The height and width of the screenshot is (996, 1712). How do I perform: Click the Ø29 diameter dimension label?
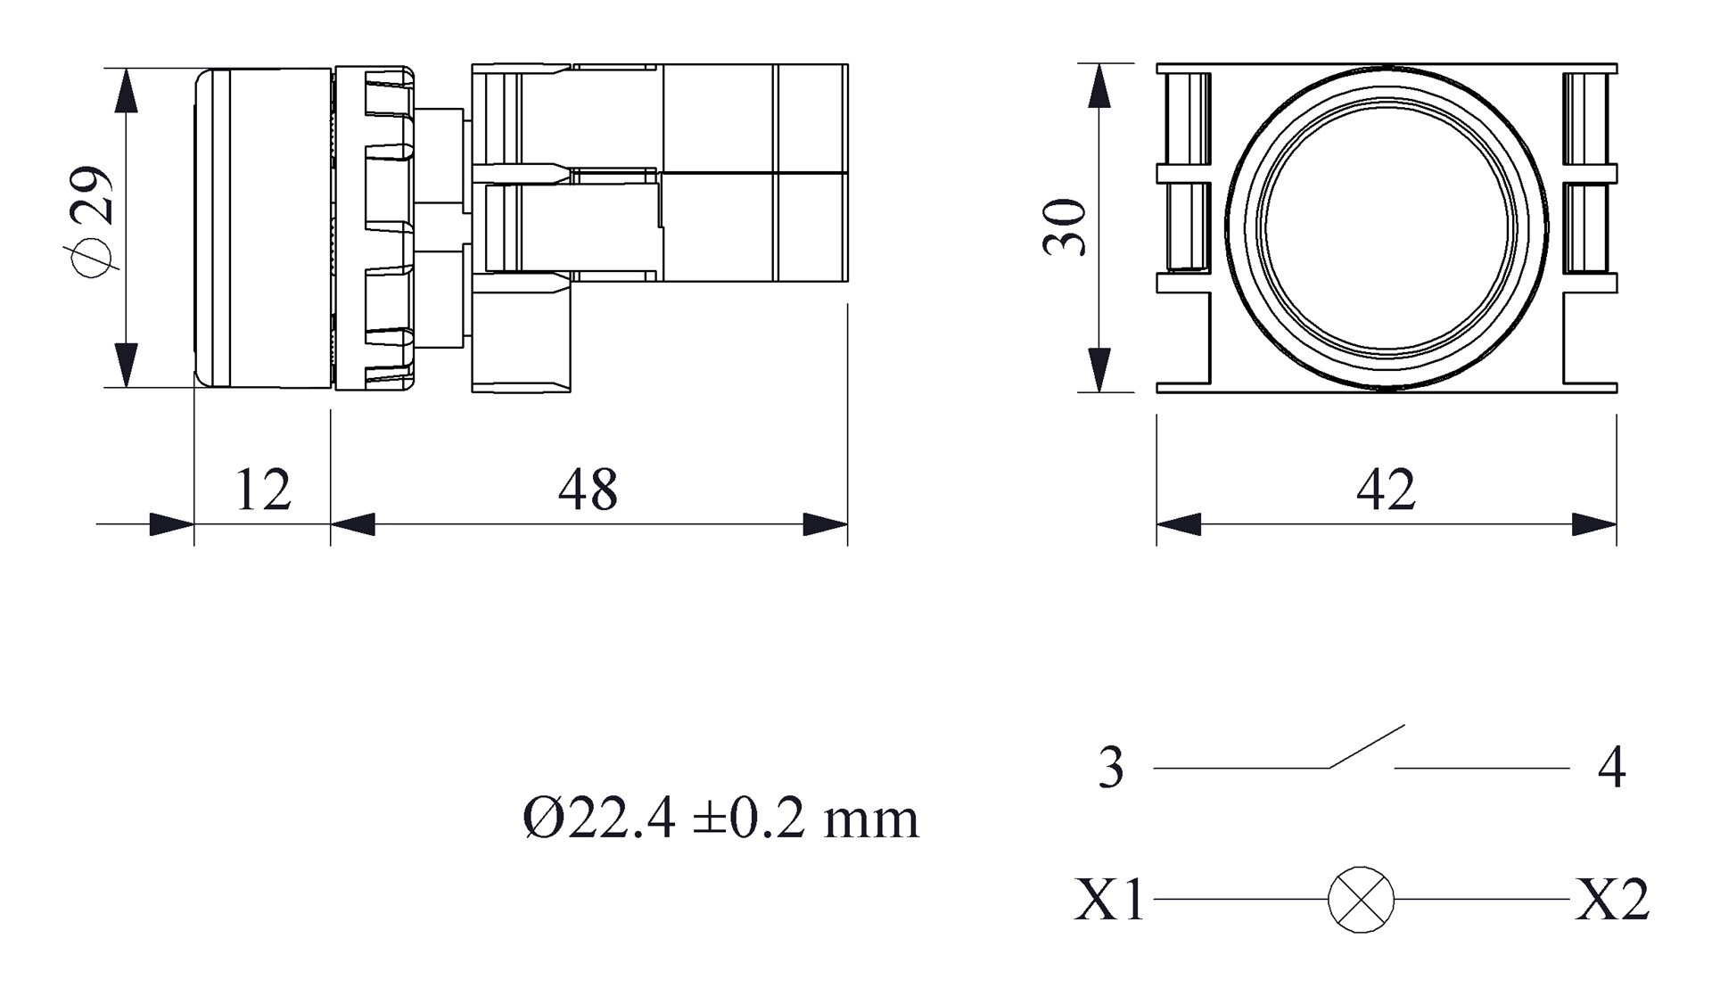(x=93, y=222)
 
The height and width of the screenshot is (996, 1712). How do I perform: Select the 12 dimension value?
(x=263, y=490)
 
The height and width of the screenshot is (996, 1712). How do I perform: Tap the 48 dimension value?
(x=588, y=490)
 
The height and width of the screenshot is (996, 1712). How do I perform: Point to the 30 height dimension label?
(x=1066, y=227)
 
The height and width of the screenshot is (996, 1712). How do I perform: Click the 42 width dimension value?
(x=1386, y=490)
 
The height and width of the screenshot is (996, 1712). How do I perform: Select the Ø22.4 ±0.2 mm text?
(x=720, y=818)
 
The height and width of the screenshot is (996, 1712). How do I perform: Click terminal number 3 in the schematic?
(x=1111, y=768)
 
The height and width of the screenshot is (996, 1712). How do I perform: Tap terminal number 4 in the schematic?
(x=1612, y=768)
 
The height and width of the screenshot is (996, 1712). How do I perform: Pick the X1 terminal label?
(x=1109, y=900)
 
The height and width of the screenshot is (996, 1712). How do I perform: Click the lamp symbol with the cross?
(x=1361, y=900)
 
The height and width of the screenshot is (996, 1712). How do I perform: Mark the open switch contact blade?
(x=1366, y=746)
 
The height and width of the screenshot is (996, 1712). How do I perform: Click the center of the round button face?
(x=1387, y=227)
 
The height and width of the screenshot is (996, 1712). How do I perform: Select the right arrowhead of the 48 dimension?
(x=825, y=524)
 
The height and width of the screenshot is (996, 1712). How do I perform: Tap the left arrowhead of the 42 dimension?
(x=1179, y=524)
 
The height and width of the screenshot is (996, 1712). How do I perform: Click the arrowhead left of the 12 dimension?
(x=171, y=524)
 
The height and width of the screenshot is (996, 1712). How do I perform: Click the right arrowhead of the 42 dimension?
(x=1594, y=524)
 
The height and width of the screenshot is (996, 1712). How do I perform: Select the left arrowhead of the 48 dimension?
(x=353, y=524)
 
